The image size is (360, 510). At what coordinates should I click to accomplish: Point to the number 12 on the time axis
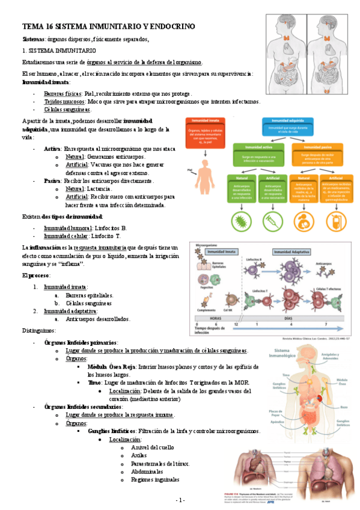point(237,324)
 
